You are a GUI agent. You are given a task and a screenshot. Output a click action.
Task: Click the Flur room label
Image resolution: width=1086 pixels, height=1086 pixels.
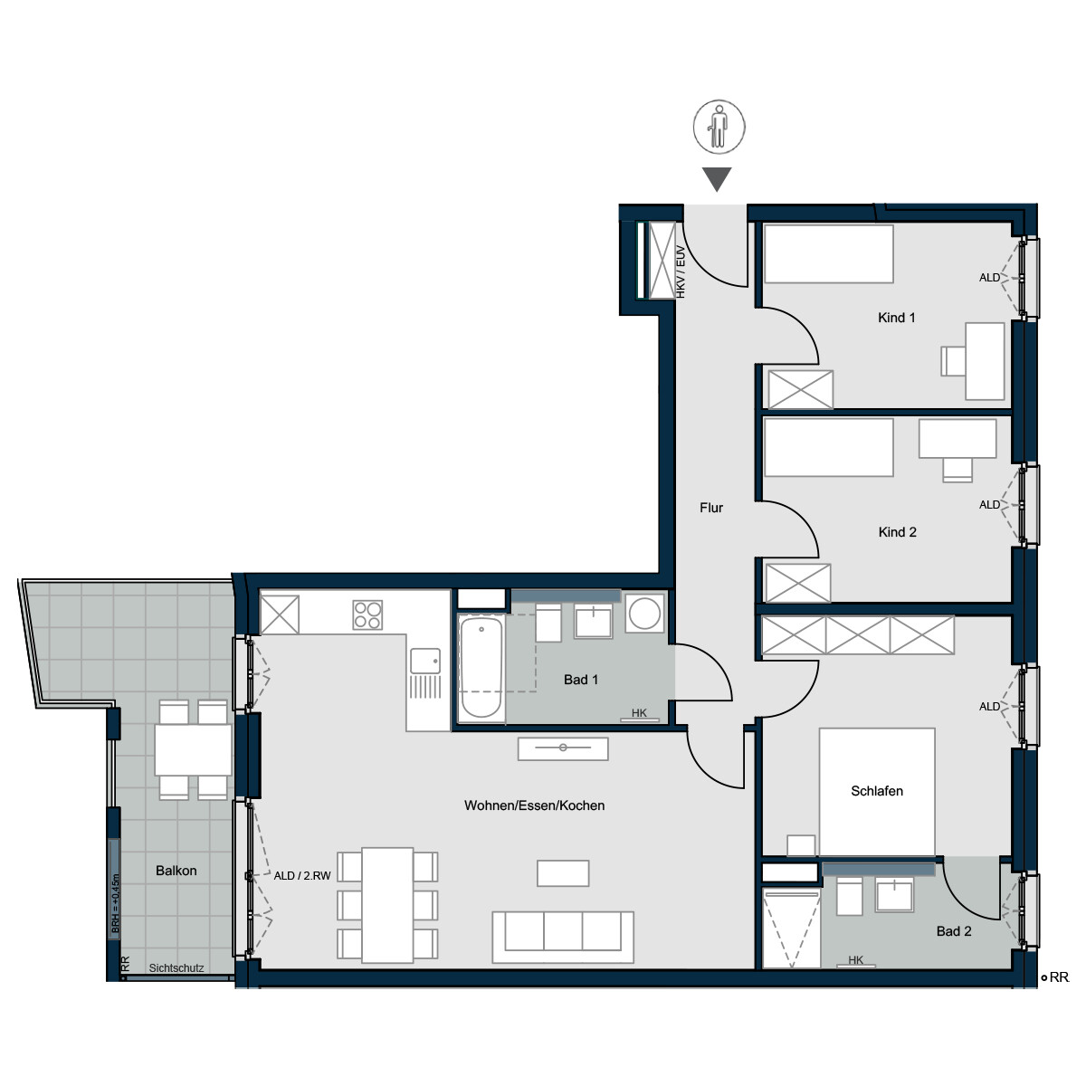[710, 508]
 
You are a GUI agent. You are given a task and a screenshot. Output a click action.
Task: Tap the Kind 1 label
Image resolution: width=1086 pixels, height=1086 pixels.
[896, 318]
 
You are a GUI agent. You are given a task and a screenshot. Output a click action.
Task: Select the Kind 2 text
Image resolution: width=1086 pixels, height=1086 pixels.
[897, 532]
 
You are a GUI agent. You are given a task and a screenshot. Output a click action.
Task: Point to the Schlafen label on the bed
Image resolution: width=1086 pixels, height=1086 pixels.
[876, 791]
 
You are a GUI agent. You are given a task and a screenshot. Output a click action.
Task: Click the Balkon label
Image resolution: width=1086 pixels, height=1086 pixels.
[176, 871]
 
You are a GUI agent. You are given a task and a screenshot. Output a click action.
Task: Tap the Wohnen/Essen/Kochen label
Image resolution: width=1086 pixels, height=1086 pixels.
[534, 805]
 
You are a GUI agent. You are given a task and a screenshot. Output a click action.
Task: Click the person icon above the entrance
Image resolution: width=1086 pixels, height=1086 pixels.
[719, 126]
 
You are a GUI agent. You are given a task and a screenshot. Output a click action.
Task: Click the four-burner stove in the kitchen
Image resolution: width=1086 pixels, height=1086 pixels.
[367, 614]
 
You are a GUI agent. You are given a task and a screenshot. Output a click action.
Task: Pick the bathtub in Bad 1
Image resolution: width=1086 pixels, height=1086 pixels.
[481, 669]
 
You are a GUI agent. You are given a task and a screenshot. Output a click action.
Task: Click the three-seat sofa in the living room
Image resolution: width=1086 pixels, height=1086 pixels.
[562, 937]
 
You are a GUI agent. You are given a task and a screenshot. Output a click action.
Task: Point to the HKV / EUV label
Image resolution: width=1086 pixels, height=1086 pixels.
[681, 271]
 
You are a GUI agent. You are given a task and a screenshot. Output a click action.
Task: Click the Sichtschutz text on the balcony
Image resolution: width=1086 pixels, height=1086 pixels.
[176, 968]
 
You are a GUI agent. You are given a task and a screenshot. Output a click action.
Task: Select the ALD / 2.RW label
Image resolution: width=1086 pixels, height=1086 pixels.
[302, 876]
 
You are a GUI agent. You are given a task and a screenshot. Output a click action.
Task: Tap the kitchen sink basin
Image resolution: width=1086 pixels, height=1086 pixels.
[425, 661]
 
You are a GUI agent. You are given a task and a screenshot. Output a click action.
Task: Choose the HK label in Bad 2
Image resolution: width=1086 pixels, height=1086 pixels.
[855, 960]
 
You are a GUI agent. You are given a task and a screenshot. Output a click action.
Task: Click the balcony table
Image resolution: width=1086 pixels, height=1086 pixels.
[193, 749]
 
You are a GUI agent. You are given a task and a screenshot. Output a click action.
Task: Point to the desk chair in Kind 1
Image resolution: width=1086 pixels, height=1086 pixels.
[953, 361]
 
